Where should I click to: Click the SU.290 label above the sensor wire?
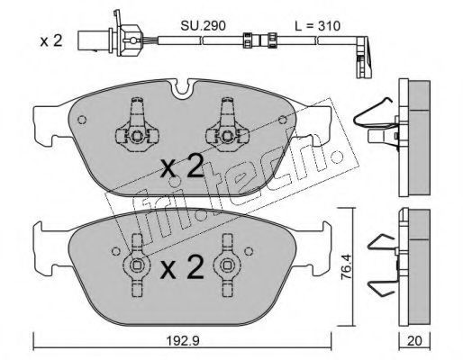tap(203, 26)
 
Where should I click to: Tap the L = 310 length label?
tap(317, 26)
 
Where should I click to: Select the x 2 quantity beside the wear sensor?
tap(51, 40)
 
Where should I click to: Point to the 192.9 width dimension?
tap(183, 341)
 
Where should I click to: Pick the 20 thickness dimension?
tap(414, 341)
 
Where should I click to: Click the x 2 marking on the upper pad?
tap(182, 166)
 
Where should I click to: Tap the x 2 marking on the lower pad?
tap(182, 267)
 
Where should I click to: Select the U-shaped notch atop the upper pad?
tap(182, 88)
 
